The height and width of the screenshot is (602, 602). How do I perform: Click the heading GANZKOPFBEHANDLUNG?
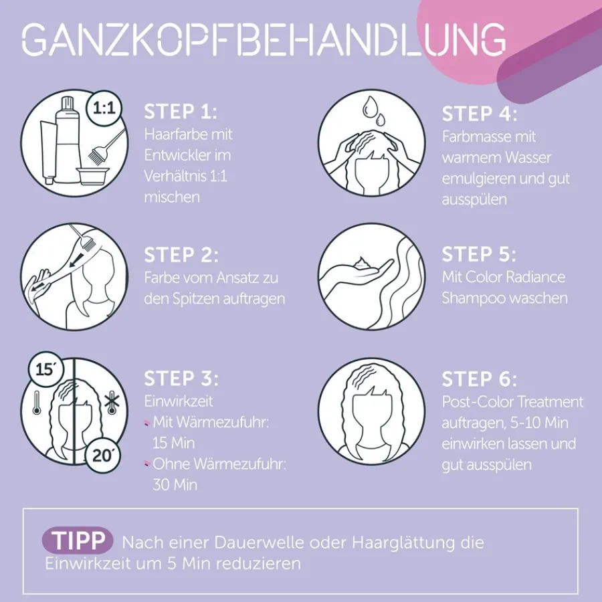click(x=264, y=39)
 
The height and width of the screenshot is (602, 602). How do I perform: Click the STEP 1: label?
click(x=181, y=112)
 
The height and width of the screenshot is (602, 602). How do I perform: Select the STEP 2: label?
click(x=181, y=255)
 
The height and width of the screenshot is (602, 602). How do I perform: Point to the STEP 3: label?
click(x=181, y=379)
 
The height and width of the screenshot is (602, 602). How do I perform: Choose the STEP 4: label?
click(x=480, y=114)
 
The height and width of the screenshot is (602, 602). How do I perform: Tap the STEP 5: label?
click(x=479, y=255)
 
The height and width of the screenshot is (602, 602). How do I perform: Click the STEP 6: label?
click(x=479, y=379)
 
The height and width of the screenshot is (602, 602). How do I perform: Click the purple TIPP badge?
click(x=78, y=540)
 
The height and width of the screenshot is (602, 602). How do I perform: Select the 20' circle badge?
click(x=102, y=456)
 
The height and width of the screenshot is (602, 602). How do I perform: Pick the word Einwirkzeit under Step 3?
click(x=179, y=401)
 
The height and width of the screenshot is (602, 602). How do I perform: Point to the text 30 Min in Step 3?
click(x=175, y=485)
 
